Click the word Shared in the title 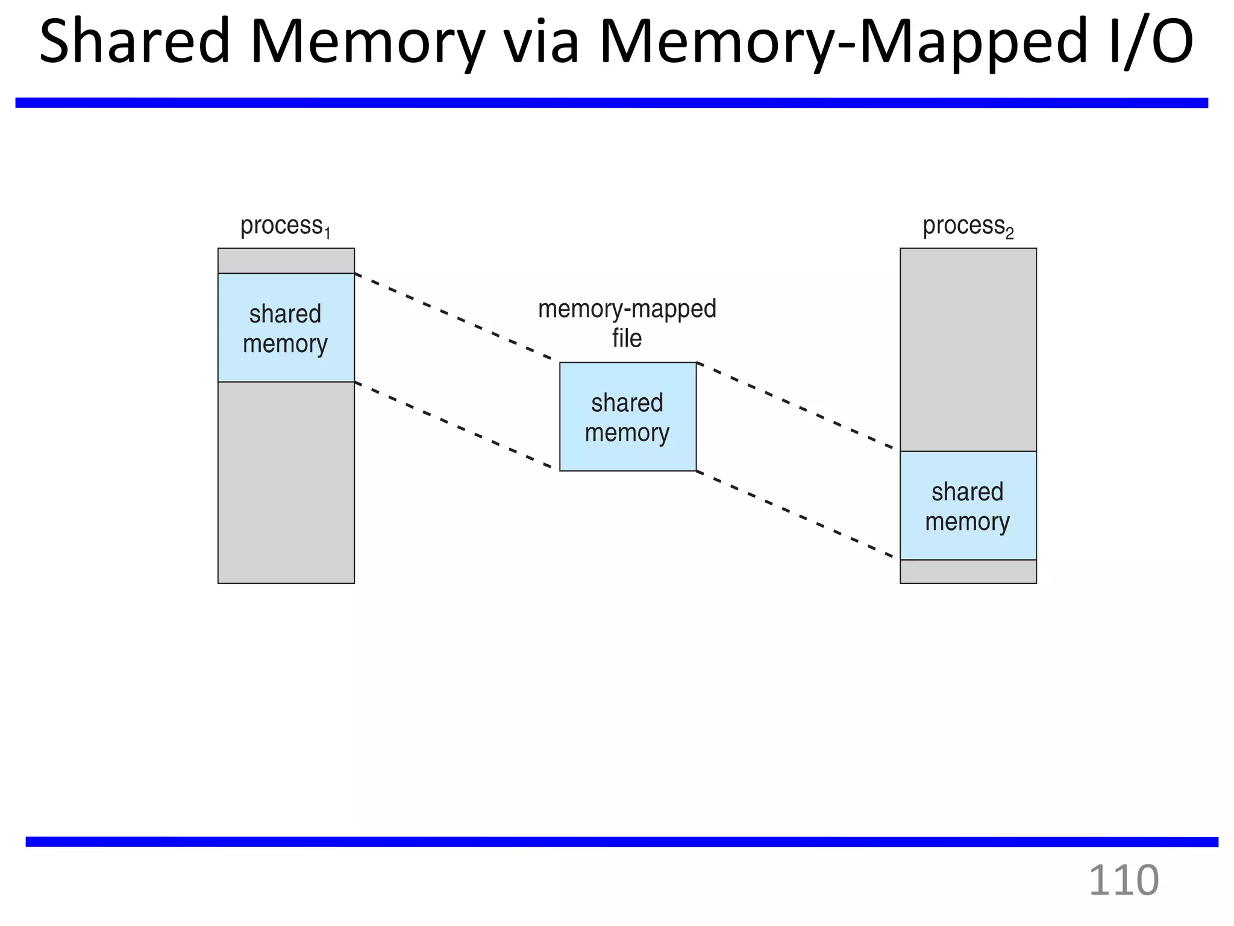pos(134,41)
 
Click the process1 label pos(285,227)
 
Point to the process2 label pos(968,227)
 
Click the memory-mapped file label pos(627,323)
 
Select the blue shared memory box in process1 pos(286,328)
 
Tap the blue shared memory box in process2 pos(968,506)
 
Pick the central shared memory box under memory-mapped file pos(627,417)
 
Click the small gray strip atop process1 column pos(286,260)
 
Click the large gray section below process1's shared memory pos(286,482)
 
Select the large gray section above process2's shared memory pos(968,350)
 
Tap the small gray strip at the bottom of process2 pos(968,572)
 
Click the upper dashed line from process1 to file pos(456,318)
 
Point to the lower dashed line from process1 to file pos(456,426)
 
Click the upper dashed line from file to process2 pos(795,406)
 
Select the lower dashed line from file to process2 pos(795,514)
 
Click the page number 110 pos(1123,881)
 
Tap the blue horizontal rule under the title pos(611,103)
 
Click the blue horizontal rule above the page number pos(621,842)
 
